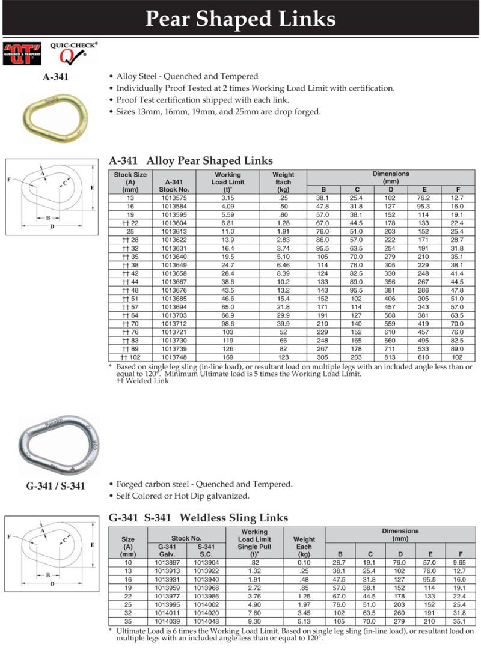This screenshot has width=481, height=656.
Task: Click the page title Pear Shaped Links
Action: coord(240,19)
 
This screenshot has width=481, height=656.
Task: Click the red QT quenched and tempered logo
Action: coord(22,53)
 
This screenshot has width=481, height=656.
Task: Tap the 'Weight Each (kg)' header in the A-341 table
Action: coord(283,182)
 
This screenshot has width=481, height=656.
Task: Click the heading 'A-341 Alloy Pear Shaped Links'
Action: coord(191,160)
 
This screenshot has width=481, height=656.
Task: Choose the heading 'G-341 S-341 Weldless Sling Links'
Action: coord(198,517)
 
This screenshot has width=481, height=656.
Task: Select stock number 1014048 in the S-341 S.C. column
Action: coord(206,621)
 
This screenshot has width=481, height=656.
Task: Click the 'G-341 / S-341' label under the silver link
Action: coord(55,486)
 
